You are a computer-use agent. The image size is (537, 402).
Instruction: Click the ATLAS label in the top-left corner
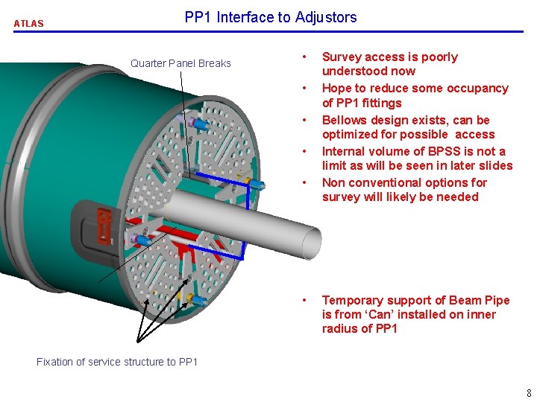coord(28,23)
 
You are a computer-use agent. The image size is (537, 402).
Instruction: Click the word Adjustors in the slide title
coord(326,17)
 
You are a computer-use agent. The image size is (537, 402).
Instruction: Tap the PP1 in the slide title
coord(198,17)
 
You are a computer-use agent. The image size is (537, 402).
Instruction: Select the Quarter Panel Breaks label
coord(180,63)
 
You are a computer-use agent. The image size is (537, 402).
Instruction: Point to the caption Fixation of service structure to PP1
coord(117,362)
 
